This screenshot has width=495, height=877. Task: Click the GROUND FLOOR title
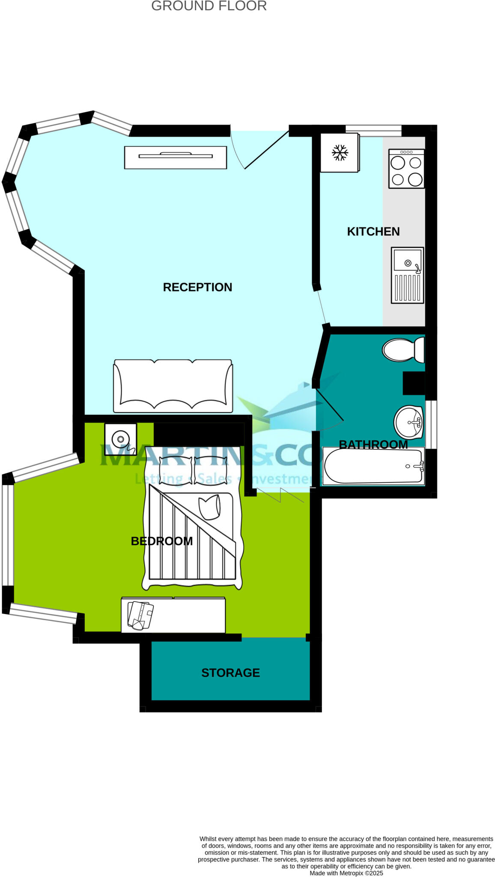click(x=209, y=6)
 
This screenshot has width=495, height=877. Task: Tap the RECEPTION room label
click(x=197, y=287)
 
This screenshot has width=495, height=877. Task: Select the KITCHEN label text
click(x=373, y=232)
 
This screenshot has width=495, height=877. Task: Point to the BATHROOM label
click(x=373, y=444)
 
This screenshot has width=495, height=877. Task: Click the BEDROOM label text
click(x=161, y=541)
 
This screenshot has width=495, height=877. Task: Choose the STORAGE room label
click(x=230, y=673)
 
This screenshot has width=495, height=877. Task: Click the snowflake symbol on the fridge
click(x=340, y=153)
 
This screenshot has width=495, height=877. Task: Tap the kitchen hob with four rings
click(x=406, y=169)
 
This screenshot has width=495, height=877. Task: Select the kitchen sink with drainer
click(x=407, y=275)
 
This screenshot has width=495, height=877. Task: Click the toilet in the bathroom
click(x=403, y=349)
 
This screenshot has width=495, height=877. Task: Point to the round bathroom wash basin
click(x=408, y=422)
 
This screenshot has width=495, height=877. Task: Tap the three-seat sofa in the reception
click(x=173, y=386)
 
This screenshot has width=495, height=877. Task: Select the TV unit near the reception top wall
click(x=175, y=157)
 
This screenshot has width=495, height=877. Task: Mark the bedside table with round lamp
click(x=121, y=439)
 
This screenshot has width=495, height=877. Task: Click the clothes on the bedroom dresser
click(x=140, y=615)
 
